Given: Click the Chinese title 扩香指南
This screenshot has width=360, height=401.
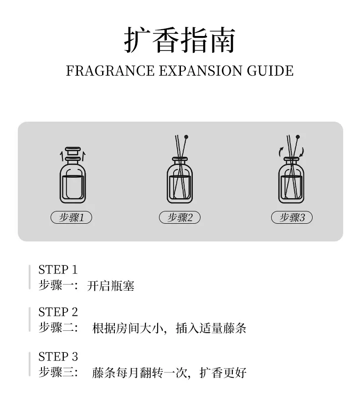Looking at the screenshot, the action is point(180,40).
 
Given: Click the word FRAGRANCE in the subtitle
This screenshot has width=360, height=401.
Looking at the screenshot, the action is point(110,71).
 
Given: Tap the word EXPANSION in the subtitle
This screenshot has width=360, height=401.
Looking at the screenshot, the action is point(201,71).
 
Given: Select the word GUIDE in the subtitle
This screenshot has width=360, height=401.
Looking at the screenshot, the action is point(270,71).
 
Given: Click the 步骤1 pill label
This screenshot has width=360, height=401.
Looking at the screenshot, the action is point(72,217).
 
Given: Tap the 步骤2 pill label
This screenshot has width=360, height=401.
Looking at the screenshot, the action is point(180,217).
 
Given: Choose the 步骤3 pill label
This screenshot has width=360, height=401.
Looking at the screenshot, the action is point(292,217).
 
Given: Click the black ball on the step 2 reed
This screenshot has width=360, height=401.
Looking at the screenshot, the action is point(186,137).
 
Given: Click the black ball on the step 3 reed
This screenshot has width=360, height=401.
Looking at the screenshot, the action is point(298,137).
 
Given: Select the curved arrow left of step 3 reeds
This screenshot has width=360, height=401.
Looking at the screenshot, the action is point(280,152).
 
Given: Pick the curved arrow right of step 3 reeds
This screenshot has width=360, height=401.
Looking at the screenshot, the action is point(302,152).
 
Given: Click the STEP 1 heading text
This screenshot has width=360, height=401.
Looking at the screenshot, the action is point(58,270).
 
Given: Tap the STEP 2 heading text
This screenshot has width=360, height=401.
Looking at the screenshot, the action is point(58,312).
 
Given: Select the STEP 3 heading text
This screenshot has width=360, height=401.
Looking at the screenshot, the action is point(58,356).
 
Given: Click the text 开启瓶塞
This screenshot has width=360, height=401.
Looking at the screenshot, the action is point(110,286).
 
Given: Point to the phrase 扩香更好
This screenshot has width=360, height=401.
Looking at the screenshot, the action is point(223,373).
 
